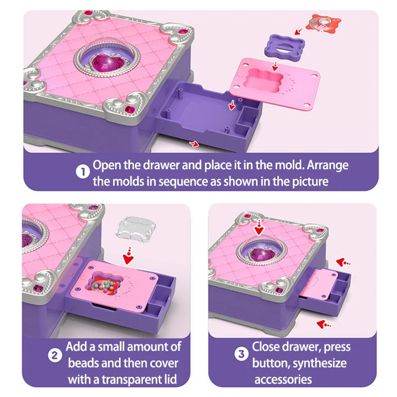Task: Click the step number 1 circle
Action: (83, 171)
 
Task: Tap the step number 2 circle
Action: (55, 356)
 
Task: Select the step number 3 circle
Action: (241, 353)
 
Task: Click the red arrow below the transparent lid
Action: (128, 256)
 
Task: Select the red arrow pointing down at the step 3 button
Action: (259, 227)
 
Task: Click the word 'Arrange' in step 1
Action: (328, 165)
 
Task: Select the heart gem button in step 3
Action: (262, 254)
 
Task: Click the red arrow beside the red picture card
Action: (298, 31)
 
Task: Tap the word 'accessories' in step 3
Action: (283, 379)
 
